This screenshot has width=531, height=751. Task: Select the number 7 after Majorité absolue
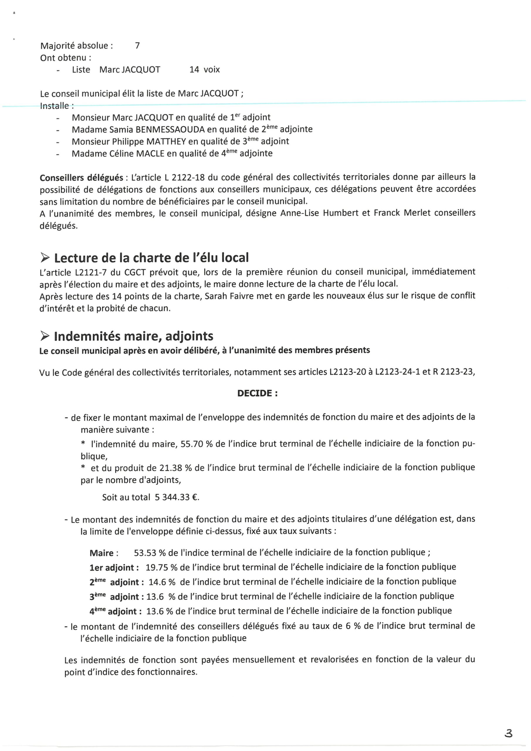(x=137, y=45)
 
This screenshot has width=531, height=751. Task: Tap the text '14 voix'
(x=204, y=70)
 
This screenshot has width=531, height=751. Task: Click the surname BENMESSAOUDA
(x=170, y=130)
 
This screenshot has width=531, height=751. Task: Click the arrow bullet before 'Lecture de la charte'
(x=45, y=258)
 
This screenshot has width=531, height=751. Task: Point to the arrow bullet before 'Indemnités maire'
(x=45, y=336)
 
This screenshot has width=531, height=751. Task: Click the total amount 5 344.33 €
(x=177, y=498)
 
